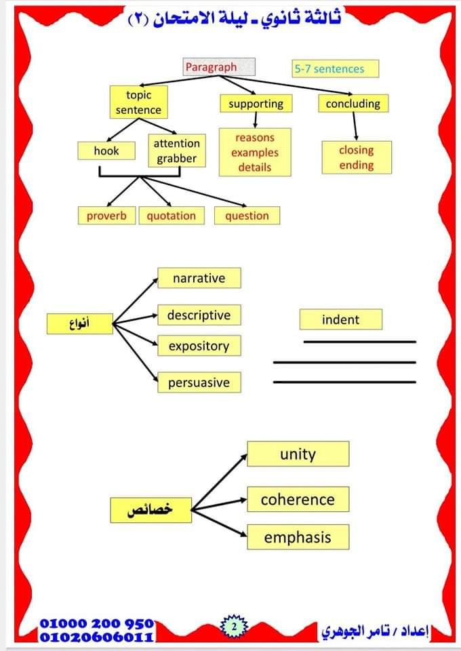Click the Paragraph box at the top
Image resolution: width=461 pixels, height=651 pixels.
pyautogui.click(x=219, y=66)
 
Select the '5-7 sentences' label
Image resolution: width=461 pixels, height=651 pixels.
pyautogui.click(x=335, y=68)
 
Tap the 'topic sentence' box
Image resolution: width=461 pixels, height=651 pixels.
pyautogui.click(x=138, y=102)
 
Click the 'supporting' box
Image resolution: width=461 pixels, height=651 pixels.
pyautogui.click(x=256, y=104)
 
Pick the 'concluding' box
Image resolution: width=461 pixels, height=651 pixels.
pyautogui.click(x=353, y=104)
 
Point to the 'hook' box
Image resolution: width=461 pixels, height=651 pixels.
pyautogui.click(x=106, y=151)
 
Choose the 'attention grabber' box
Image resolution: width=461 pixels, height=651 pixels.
pyautogui.click(x=176, y=151)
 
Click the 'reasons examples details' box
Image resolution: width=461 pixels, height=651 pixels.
pyautogui.click(x=254, y=152)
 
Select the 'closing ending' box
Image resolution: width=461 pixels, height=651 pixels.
pyautogui.click(x=356, y=157)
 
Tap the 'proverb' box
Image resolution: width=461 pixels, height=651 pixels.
pyautogui.click(x=106, y=216)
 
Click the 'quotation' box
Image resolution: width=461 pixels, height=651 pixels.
pyautogui.click(x=171, y=216)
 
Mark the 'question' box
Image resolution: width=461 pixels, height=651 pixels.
pyautogui.click(x=247, y=216)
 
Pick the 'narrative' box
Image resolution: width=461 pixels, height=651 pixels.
pyautogui.click(x=199, y=278)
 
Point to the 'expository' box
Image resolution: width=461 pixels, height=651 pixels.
pyautogui.click(x=199, y=346)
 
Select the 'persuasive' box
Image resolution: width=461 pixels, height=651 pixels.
pyautogui.click(x=199, y=382)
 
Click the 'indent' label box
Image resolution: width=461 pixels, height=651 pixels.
pyautogui.click(x=340, y=319)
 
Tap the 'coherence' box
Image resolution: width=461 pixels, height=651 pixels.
pyautogui.click(x=298, y=500)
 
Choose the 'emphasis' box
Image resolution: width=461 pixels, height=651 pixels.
pyautogui.click(x=298, y=538)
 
